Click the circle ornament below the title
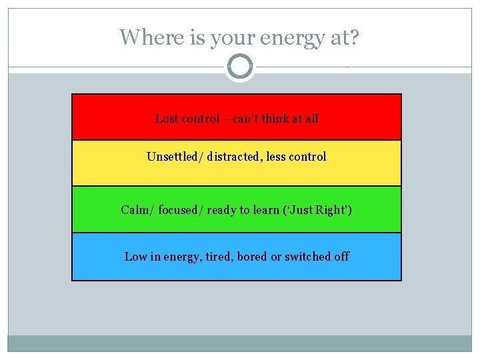point(240,67)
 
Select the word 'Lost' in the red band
point(167,119)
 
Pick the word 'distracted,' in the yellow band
point(235,157)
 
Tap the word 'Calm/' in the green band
point(137,210)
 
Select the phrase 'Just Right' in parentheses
point(322,210)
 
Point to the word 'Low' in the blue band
point(135,257)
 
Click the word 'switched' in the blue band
point(307,257)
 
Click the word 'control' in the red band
point(201,119)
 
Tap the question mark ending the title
point(353,37)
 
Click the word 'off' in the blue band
point(341,257)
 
